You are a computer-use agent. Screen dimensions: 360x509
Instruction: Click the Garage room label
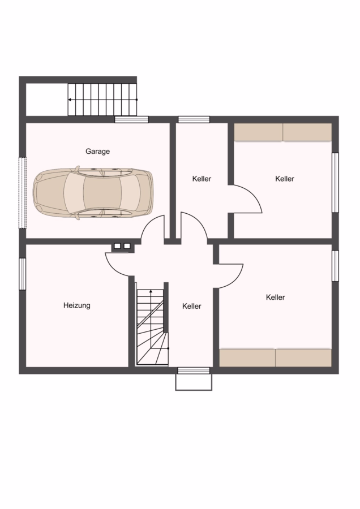[97, 151]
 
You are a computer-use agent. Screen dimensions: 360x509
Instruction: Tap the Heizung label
[76, 305]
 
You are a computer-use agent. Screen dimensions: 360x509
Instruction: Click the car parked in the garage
[93, 193]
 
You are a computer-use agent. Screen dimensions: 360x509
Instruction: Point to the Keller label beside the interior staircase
[192, 306]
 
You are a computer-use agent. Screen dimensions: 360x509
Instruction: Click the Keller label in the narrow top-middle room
[202, 179]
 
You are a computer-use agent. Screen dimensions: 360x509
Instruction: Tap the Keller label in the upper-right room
[285, 179]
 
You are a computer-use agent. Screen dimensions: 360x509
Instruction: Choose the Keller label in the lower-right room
[276, 297]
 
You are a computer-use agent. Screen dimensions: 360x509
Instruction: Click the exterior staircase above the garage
[102, 100]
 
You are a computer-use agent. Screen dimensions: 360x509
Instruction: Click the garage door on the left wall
[22, 193]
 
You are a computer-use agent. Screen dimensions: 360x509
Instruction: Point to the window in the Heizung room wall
[22, 274]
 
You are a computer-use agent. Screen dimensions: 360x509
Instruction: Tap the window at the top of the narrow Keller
[194, 119]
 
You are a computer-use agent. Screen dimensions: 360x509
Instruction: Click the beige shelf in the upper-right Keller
[282, 132]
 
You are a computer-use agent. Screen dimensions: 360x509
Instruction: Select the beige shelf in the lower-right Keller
[276, 358]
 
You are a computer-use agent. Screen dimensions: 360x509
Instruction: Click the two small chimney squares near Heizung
[122, 246]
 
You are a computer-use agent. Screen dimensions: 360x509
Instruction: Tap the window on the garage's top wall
[131, 119]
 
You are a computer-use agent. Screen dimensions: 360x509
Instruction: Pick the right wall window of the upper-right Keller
[335, 183]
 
